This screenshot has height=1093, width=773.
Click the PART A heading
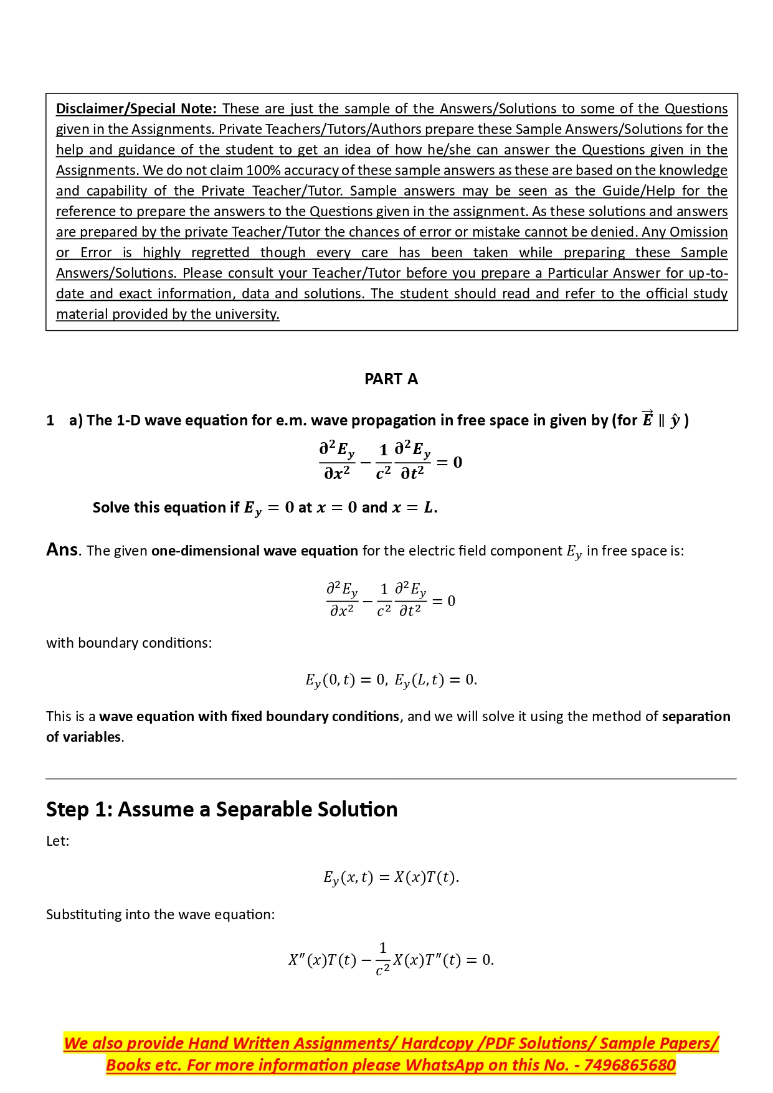(391, 379)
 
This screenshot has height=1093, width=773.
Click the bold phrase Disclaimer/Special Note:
(136, 109)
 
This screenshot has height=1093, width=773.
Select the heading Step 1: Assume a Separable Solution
(222, 810)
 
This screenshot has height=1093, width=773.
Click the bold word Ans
(62, 550)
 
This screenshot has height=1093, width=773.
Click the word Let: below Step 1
(58, 841)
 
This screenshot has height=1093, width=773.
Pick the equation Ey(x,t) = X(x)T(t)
(391, 878)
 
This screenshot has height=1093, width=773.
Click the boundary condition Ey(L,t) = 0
(435, 680)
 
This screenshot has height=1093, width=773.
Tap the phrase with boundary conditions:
(129, 643)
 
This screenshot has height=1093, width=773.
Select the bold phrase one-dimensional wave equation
(254, 551)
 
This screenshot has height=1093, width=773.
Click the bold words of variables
(83, 737)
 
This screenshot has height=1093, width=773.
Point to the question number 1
(50, 421)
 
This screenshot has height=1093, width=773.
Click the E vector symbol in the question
(647, 420)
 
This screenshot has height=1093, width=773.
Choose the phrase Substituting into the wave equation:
(160, 915)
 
